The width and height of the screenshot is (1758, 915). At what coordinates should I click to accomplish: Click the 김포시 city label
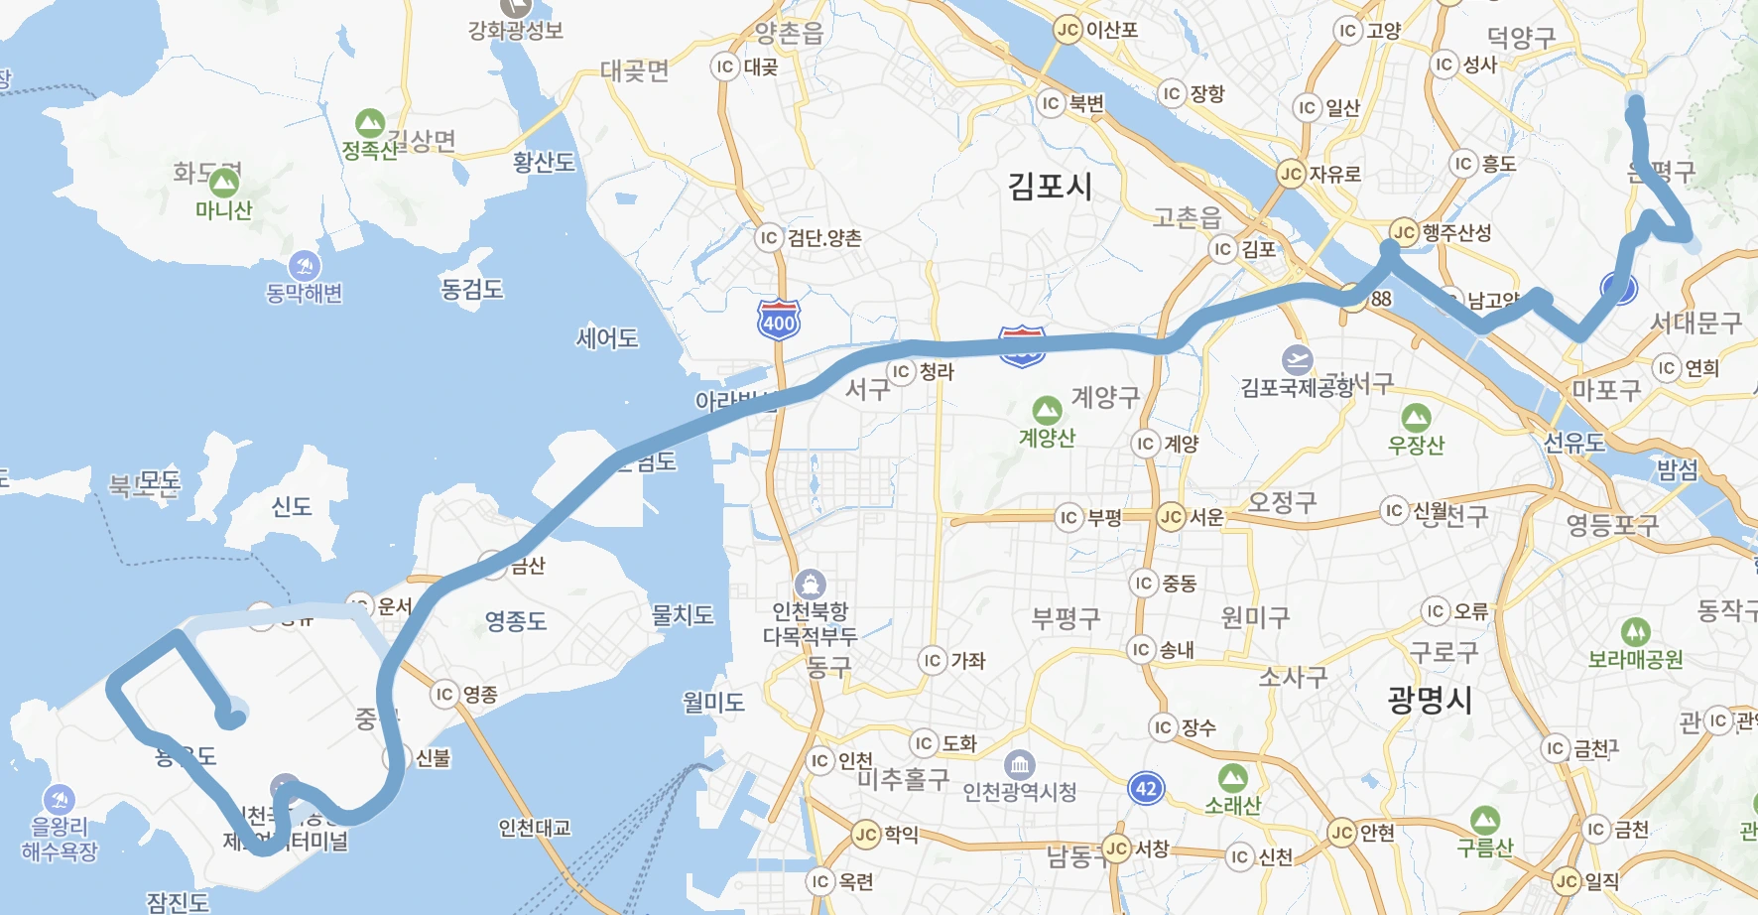pos(1050,186)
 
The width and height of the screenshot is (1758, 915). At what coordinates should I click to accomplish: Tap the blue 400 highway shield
pos(779,321)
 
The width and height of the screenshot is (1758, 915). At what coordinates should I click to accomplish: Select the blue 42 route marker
pos(1146,789)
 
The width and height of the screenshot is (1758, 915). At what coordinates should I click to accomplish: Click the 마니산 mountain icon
pos(224,183)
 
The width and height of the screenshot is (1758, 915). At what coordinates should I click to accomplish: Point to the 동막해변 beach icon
pos(304,266)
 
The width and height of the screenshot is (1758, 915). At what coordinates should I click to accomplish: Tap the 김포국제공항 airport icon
pos(1297,359)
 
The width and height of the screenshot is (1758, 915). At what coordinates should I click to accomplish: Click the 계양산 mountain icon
pos(1047,410)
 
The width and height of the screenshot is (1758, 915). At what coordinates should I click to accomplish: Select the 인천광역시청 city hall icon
pos(1019,765)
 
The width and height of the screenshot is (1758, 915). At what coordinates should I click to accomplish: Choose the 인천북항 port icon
pos(810,584)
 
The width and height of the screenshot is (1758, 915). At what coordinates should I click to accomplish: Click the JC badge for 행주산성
pos(1404,232)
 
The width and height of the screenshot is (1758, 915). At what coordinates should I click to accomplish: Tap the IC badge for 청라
pos(901,371)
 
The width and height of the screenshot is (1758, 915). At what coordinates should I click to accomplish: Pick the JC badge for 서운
pos(1172,516)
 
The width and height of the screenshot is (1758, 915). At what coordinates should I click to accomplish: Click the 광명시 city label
pos(1430,700)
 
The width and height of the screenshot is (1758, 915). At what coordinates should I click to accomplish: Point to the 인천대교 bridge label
pos(535,827)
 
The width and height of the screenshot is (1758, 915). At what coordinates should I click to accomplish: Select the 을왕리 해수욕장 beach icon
pos(60,799)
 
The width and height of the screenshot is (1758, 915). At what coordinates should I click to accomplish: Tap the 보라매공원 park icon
pos(1635,631)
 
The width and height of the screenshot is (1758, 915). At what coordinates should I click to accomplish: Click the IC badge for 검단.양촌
pos(768,237)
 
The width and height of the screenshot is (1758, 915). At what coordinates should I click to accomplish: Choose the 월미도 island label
pos(713,703)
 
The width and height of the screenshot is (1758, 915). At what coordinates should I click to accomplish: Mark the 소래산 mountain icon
pos(1232,778)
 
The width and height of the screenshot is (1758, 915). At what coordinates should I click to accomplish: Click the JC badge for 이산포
pos(1067,30)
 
